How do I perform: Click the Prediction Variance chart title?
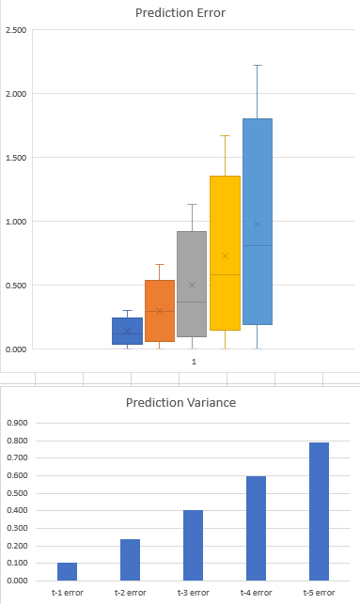point(180,403)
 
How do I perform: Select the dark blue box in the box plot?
point(128,331)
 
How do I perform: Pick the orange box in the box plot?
point(160,311)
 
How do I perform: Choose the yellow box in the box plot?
point(225,254)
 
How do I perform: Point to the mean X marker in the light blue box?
point(258,224)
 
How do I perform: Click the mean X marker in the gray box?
point(192,285)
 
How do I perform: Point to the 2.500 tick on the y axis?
point(15,30)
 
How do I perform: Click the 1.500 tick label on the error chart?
point(15,158)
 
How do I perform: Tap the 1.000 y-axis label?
point(15,222)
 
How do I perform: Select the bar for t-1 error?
point(66,571)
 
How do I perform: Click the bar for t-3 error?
point(192,545)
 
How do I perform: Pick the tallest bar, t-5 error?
point(318,511)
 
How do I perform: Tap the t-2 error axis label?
point(129,593)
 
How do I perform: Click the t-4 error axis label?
point(255,593)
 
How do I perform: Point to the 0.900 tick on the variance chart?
point(18,423)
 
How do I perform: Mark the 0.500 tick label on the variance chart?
point(18,492)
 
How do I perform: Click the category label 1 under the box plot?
point(194,362)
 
